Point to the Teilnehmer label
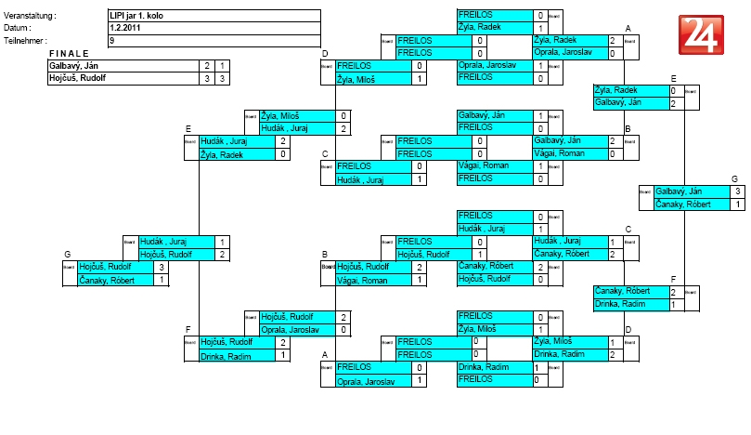[26, 41]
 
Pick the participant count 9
[112, 41]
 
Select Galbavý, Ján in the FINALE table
[73, 66]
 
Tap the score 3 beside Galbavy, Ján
[736, 191]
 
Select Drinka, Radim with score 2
[559, 354]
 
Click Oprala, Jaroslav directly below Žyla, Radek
[562, 53]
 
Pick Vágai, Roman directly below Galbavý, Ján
[559, 153]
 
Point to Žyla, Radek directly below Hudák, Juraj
[223, 153]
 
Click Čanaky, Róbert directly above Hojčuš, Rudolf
[483, 266]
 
